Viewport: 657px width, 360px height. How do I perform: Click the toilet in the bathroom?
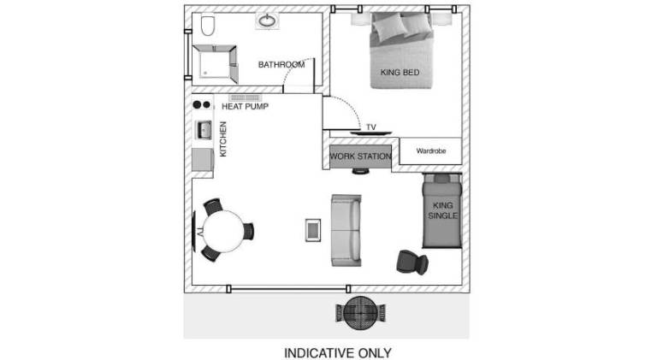(208, 26)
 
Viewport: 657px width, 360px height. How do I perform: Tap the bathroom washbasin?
(267, 21)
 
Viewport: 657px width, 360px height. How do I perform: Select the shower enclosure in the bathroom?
(215, 63)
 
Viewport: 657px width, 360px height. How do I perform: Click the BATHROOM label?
(281, 64)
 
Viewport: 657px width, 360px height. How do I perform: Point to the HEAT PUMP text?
(246, 106)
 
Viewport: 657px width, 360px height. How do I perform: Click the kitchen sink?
(204, 130)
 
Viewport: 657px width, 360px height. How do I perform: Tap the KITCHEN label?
(223, 139)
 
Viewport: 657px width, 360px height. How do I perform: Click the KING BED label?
(400, 73)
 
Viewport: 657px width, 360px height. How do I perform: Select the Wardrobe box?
(430, 150)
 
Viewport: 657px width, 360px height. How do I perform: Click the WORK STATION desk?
(360, 156)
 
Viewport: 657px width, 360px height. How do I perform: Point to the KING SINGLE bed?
(441, 210)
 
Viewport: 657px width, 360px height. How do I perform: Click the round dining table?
(223, 232)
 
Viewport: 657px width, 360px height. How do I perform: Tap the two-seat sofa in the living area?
(346, 230)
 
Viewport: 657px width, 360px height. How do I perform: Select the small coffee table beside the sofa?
(313, 230)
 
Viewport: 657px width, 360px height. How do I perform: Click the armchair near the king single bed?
(412, 262)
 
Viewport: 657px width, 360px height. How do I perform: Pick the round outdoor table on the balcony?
(360, 313)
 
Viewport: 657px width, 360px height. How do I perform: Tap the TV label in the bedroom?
(371, 127)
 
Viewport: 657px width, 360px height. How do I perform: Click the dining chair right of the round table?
(248, 232)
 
